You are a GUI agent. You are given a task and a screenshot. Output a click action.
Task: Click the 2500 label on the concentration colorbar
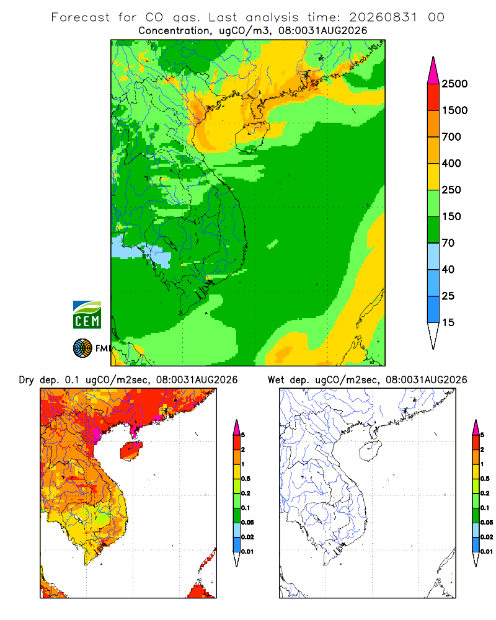pos(454,84)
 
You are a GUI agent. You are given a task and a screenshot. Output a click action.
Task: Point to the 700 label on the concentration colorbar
pos(451,137)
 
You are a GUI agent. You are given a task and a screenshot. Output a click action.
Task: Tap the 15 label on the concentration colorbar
pos(448,322)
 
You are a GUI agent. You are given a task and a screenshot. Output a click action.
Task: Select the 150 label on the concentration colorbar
pos(451,216)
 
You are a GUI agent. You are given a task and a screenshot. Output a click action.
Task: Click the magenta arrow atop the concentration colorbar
pos(433,71)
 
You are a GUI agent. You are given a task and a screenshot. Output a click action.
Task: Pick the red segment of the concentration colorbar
pos(433,97)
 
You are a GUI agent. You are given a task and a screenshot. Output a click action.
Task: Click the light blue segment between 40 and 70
pos(433,256)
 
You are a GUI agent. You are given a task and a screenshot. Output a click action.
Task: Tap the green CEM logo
pos(87,315)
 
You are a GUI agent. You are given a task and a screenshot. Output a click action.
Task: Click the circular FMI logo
pos(82,348)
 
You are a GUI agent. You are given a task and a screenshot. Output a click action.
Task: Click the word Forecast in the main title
pos(81,17)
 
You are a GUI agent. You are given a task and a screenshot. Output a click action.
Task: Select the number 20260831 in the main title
pos(383,17)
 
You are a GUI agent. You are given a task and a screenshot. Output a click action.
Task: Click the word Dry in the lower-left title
pos(27,380)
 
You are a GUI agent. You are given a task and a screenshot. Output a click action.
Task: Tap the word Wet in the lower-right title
pos(276,380)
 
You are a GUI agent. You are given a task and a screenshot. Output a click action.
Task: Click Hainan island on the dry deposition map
pos(131,450)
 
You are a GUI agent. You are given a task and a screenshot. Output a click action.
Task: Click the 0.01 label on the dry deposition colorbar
pos(247,552)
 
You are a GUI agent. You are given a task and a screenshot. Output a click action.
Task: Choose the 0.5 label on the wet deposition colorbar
pos(485,479)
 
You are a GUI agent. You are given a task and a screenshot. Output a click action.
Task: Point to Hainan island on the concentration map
pos(252,136)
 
